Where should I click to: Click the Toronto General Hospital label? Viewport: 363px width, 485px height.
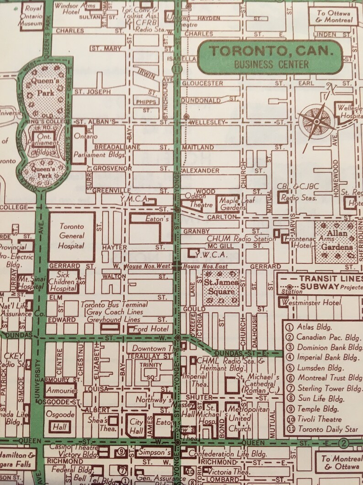click(71, 236)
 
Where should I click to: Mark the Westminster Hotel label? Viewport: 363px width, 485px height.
click(311, 303)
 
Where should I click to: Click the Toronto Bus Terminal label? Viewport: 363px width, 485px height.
click(114, 305)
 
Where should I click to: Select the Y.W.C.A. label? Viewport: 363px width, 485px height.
click(211, 255)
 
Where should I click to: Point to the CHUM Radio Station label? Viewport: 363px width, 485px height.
click(241, 239)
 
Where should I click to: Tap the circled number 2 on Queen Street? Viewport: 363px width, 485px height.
click(344, 443)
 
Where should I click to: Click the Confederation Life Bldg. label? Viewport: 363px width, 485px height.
click(233, 454)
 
